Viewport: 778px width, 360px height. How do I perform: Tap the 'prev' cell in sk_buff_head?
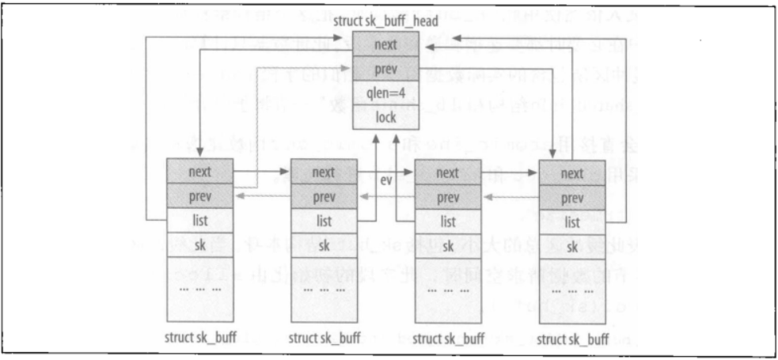pyautogui.click(x=386, y=69)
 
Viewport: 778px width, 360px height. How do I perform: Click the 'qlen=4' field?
pyautogui.click(x=386, y=93)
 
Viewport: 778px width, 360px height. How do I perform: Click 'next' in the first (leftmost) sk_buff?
pyautogui.click(x=199, y=172)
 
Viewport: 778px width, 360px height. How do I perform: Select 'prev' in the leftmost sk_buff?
pyautogui.click(x=199, y=195)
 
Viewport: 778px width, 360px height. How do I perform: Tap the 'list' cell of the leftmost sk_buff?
pyautogui.click(x=199, y=221)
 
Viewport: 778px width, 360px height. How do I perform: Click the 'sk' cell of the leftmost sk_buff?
pyautogui.click(x=199, y=245)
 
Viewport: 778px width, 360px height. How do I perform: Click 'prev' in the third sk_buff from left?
pyautogui.click(x=448, y=195)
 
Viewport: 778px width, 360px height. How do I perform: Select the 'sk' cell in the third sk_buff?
pyautogui.click(x=448, y=245)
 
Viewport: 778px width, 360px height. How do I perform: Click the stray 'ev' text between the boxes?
pyautogui.click(x=386, y=180)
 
